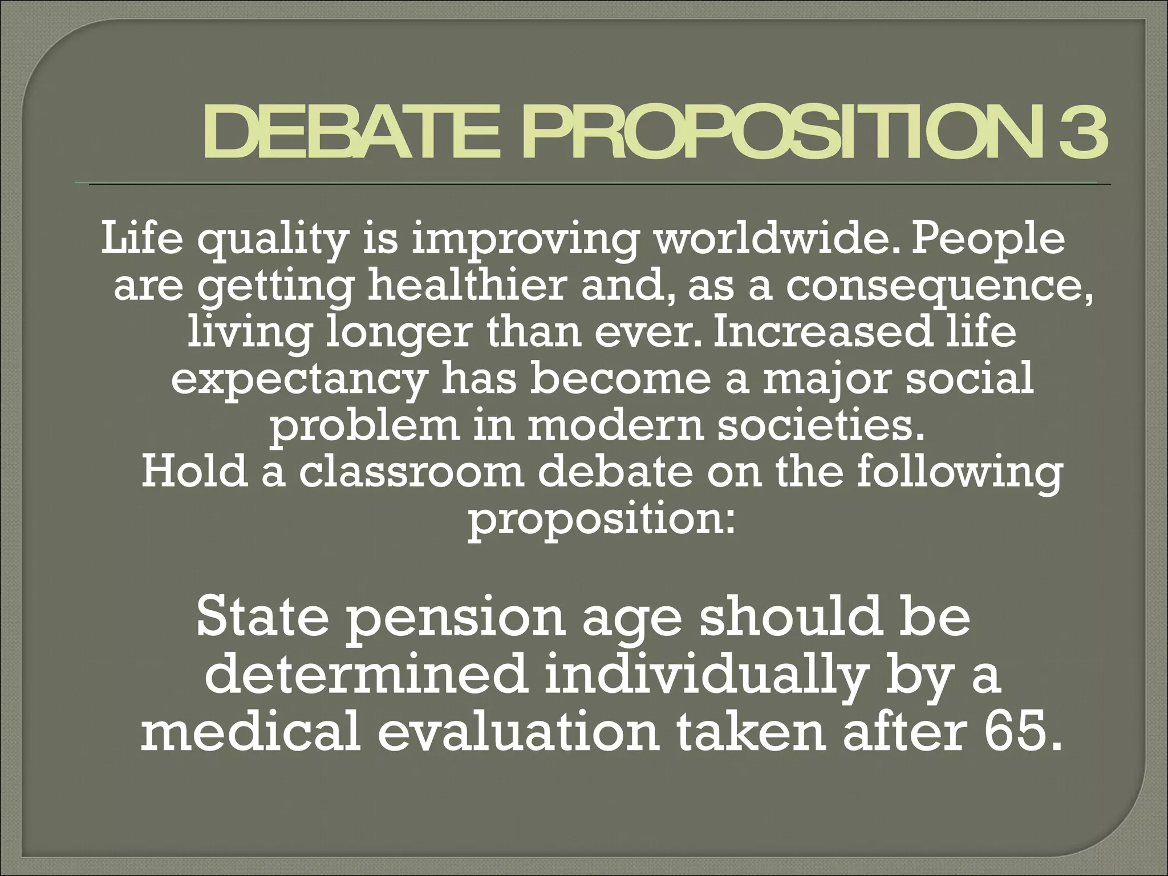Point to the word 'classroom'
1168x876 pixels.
pos(411,472)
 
